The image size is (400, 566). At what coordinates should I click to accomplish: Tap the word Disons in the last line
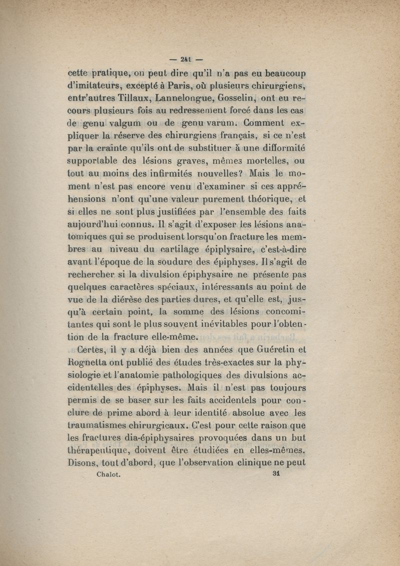[x=82, y=462]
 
